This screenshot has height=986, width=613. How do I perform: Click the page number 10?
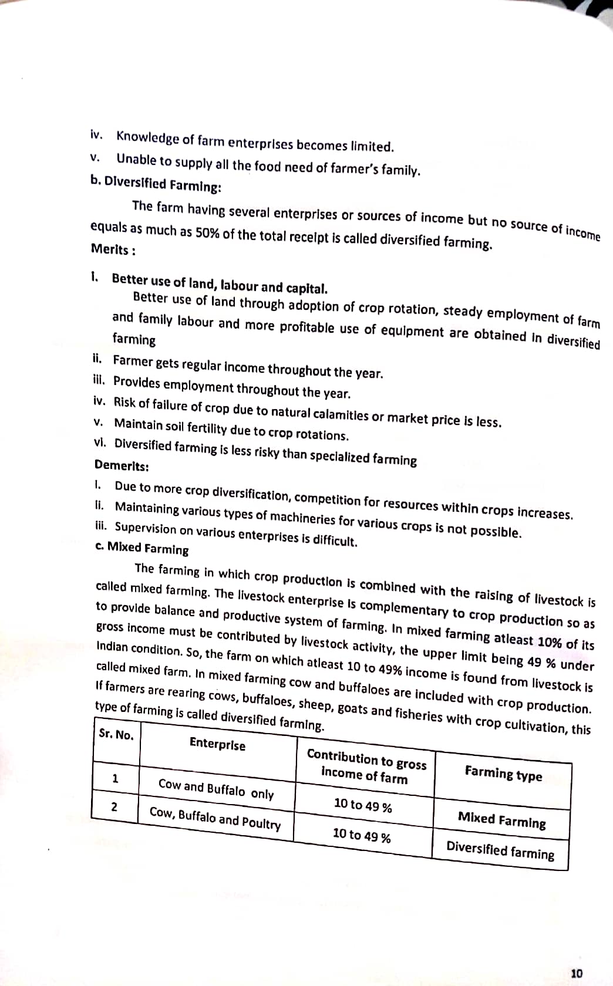click(x=577, y=973)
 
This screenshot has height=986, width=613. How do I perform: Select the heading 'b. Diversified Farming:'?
click(x=156, y=184)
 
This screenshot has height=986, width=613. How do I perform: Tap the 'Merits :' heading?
click(x=113, y=249)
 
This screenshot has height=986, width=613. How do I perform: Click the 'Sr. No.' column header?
click(x=116, y=734)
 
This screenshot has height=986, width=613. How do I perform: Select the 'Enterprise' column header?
click(x=217, y=744)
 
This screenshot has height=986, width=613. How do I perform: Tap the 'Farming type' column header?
click(x=503, y=773)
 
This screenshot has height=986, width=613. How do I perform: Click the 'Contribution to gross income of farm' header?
click(x=366, y=766)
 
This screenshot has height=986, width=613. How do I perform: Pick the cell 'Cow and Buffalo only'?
click(x=216, y=789)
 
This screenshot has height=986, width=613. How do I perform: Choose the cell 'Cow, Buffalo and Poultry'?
click(x=215, y=818)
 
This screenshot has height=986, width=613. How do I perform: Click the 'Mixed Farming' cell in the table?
click(x=501, y=819)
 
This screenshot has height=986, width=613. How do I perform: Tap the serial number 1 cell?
click(x=115, y=779)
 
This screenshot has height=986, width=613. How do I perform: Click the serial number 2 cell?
click(x=114, y=806)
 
